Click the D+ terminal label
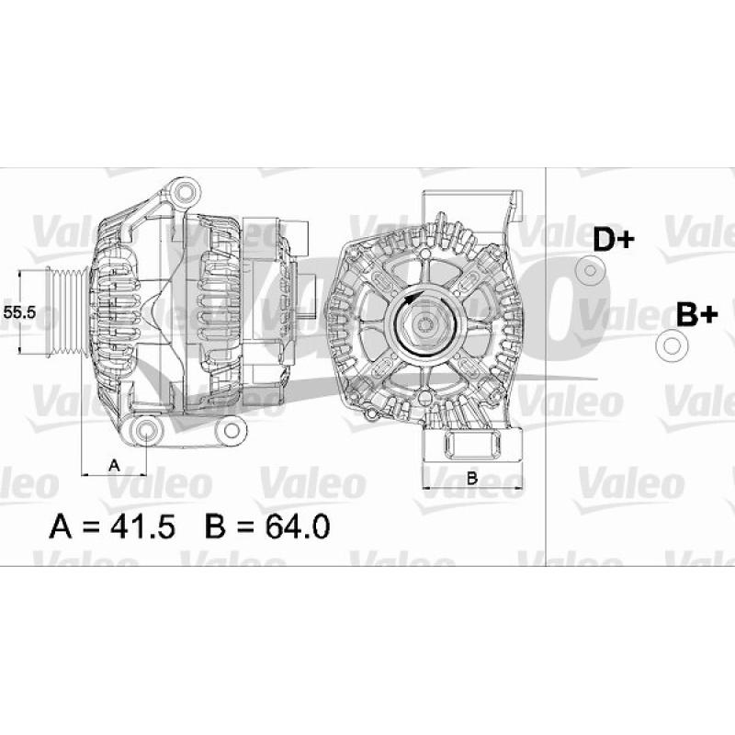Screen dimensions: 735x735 pos(613,240)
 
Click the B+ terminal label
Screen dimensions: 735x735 pos(696,314)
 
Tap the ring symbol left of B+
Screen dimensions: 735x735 pos(671,345)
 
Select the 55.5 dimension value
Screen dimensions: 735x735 pos(19,312)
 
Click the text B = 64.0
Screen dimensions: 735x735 pos(268,526)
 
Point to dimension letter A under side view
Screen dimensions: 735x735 pos(114,465)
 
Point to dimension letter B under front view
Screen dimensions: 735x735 pos(471,477)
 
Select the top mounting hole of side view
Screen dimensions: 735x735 pos(187,192)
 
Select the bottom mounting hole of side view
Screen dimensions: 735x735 pos(147,432)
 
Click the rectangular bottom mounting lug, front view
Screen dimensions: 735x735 pos(471,447)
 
